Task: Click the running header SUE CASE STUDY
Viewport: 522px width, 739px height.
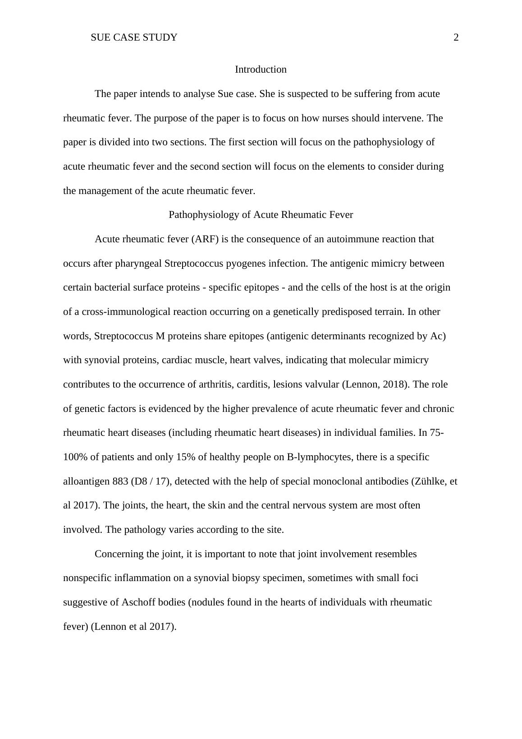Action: pos(134,37)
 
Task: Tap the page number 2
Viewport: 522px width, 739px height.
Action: pos(456,37)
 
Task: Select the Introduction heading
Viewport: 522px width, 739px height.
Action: pos(261,69)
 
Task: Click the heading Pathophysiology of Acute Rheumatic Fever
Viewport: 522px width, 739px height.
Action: pos(261,215)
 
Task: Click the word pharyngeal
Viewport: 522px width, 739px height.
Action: pos(140,263)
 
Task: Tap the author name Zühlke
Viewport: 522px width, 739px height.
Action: pos(431,481)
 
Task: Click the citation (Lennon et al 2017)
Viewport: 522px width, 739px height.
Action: pos(133,627)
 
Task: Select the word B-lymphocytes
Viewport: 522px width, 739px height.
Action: pos(319,457)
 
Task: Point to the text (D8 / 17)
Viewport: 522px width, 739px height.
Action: pos(151,481)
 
